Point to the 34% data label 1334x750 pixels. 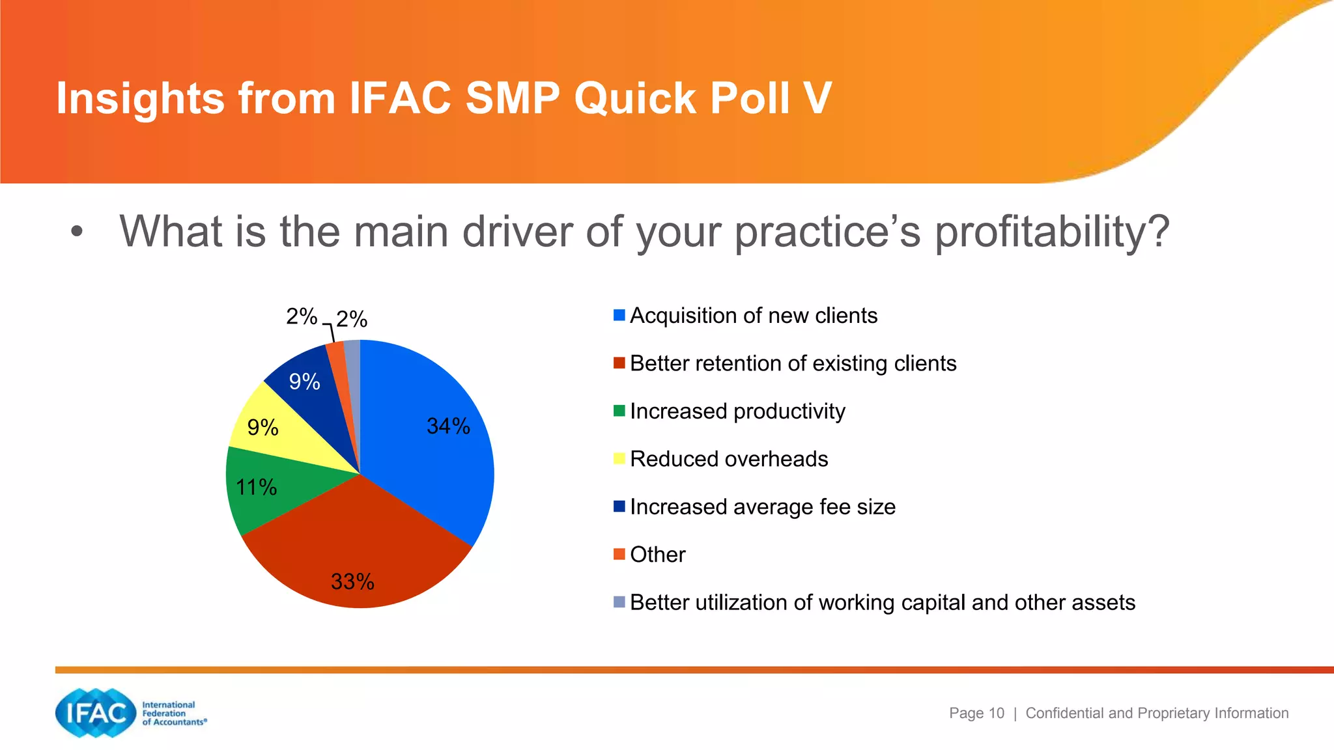coord(448,426)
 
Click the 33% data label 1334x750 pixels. coord(352,581)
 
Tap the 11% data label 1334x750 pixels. coord(256,487)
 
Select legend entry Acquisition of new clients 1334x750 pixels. coord(753,316)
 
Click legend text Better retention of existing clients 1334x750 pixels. coord(793,363)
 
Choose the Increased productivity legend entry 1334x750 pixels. coord(737,411)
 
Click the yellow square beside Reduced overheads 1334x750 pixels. coord(619,459)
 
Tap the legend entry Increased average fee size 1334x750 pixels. coord(762,507)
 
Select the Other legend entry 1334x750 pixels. coord(657,555)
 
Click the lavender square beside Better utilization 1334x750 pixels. coord(619,602)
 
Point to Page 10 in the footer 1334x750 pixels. coord(976,713)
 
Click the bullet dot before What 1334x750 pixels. coord(77,232)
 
